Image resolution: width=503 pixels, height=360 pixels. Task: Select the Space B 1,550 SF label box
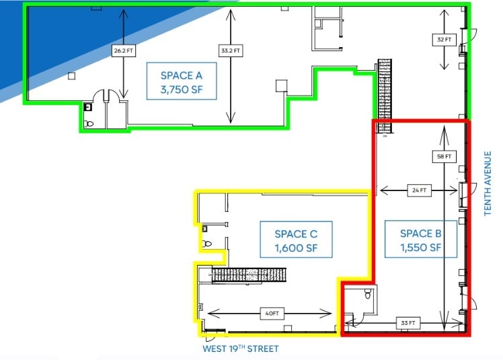420,240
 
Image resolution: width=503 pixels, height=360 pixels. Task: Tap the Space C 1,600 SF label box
296,240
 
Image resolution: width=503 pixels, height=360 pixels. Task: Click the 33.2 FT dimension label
231,50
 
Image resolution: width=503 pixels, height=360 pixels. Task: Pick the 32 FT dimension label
444,40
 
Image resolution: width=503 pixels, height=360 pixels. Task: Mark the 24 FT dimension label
418,190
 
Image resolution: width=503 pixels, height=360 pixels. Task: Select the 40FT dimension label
270,313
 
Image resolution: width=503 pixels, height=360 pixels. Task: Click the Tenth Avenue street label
489,183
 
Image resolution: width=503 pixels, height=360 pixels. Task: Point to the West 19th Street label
240,349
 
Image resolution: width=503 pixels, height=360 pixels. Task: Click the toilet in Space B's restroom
368,295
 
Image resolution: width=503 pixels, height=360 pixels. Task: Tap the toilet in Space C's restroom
207,244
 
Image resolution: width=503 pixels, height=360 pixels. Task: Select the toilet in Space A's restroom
89,123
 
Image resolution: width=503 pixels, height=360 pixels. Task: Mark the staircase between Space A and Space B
384,94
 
